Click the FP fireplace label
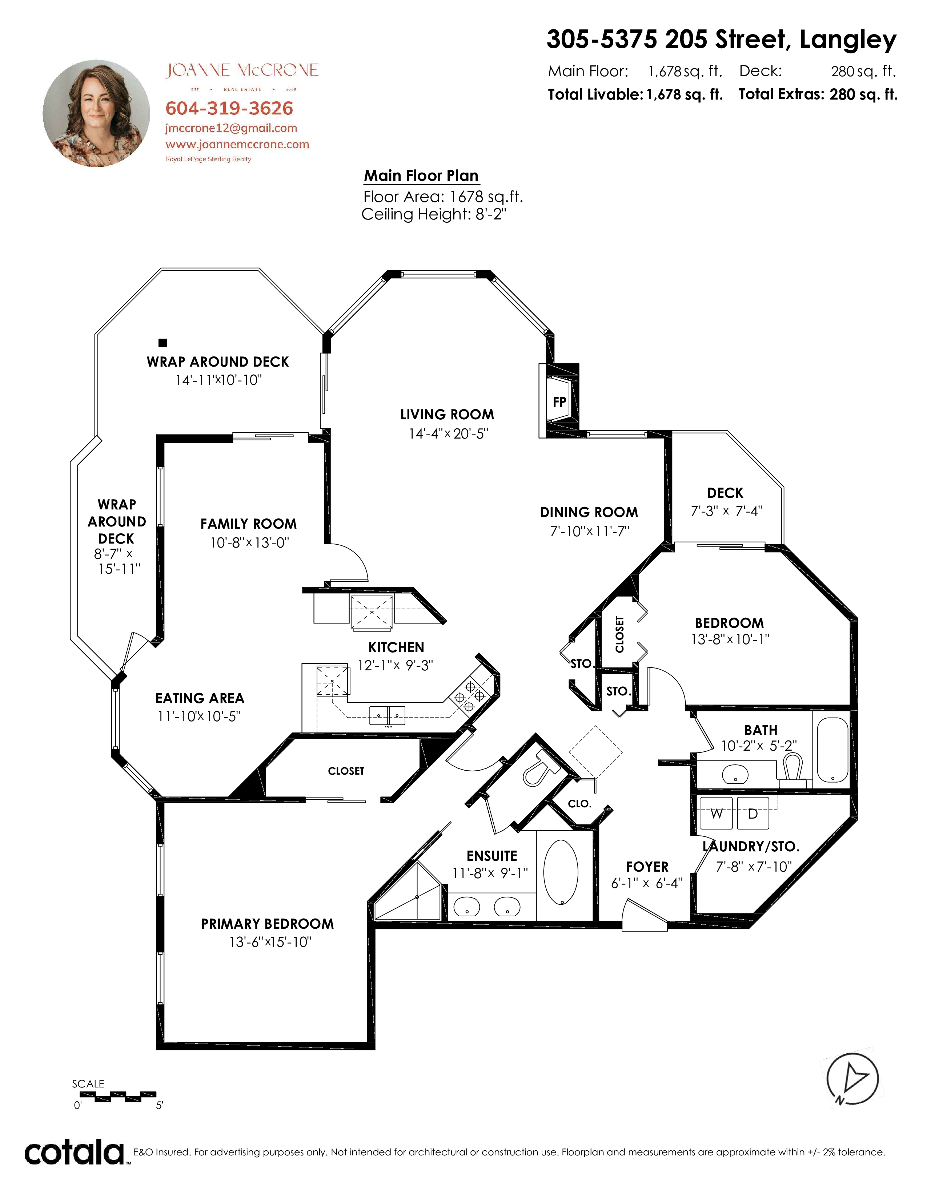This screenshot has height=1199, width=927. click(x=559, y=402)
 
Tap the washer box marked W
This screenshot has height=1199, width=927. click(x=717, y=814)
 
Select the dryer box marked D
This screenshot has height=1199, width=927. click(x=753, y=814)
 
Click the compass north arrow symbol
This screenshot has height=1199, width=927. click(x=852, y=1079)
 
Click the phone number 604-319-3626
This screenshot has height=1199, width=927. click(x=229, y=108)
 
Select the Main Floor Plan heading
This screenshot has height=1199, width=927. click(x=421, y=176)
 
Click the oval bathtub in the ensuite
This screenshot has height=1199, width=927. click(x=560, y=872)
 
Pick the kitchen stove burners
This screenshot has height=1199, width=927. click(x=470, y=696)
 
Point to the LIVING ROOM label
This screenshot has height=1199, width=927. click(x=447, y=415)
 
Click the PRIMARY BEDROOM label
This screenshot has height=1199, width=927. click(x=268, y=924)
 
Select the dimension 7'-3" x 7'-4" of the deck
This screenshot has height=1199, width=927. click(x=727, y=511)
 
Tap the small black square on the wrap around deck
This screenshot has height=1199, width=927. click(x=162, y=343)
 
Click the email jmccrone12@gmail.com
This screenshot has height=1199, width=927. click(x=231, y=128)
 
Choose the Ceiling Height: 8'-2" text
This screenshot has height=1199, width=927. click(x=434, y=214)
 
